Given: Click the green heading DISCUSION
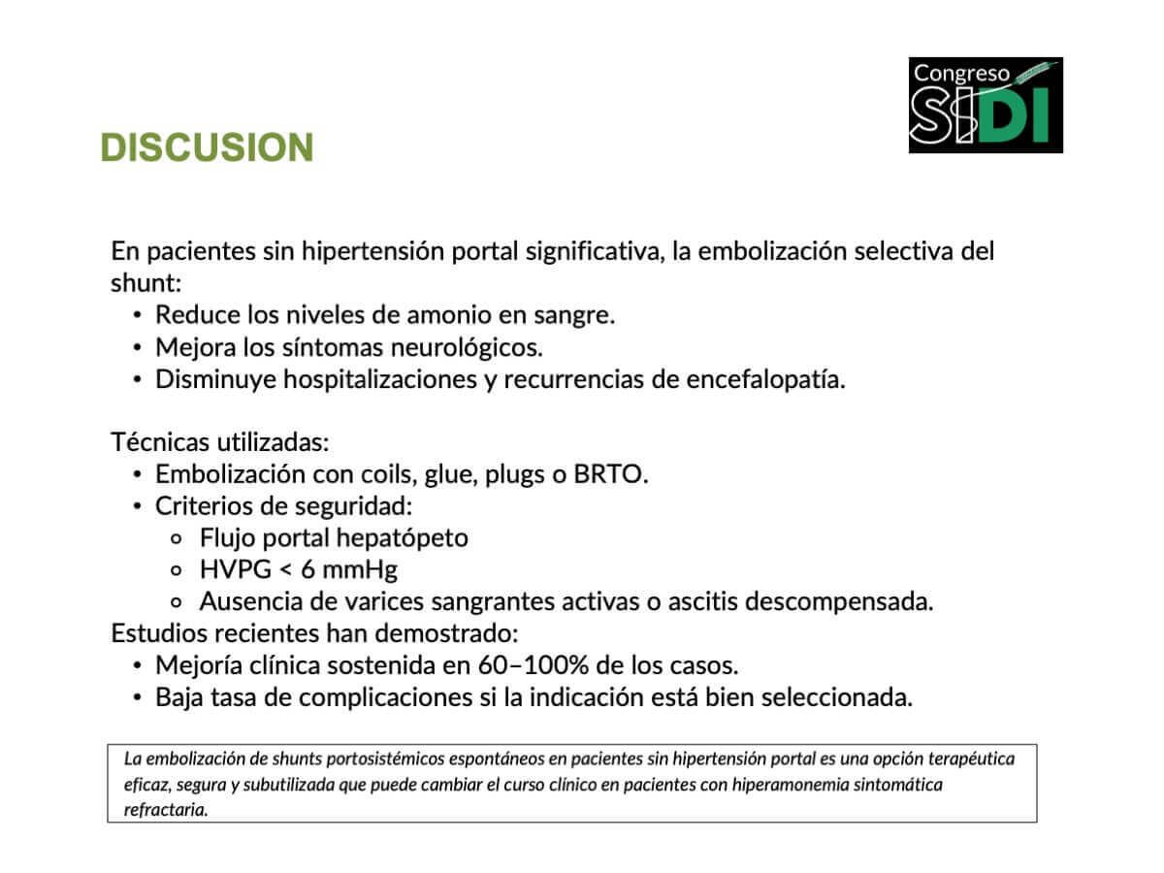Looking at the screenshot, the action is tap(207, 146).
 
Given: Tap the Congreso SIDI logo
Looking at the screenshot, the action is tap(986, 105).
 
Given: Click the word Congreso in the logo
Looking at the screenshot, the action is tap(961, 74).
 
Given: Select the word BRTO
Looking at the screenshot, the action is tap(610, 474).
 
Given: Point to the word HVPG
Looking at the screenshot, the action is tap(236, 569).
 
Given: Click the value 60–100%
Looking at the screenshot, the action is tap(533, 665).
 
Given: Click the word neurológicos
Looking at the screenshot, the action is tap(467, 348).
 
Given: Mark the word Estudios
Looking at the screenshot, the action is tap(159, 632).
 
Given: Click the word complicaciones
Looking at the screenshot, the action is tap(385, 698).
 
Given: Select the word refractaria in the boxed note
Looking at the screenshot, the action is tap(166, 810).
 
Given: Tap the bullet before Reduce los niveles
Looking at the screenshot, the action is tap(138, 316).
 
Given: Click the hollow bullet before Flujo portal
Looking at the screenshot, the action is tap(177, 539).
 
